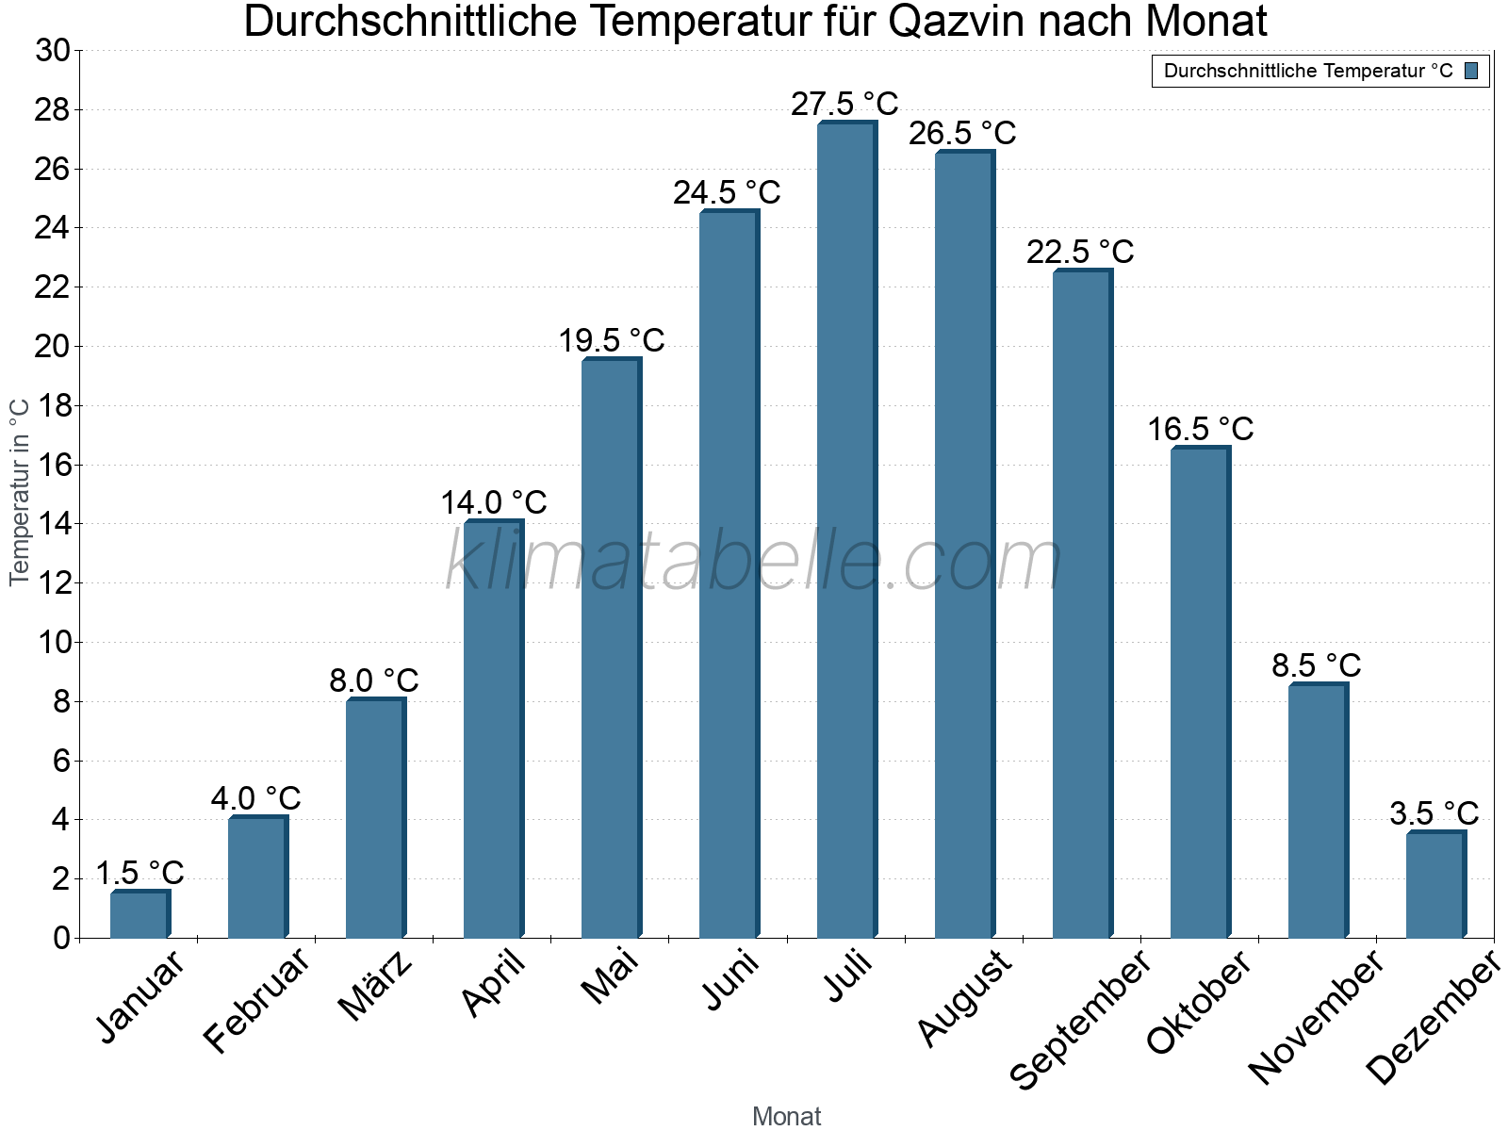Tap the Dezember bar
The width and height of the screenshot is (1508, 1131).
pyautogui.click(x=1435, y=885)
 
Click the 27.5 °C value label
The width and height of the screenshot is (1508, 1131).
pyautogui.click(x=844, y=104)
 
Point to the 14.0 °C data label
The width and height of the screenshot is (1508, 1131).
pyautogui.click(x=494, y=502)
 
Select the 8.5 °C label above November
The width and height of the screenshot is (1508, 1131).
pyautogui.click(x=1317, y=665)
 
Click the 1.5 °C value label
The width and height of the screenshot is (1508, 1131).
pyautogui.click(x=139, y=873)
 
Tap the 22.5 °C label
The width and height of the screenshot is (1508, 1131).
pyautogui.click(x=1080, y=252)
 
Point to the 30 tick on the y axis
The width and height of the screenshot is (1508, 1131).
pyautogui.click(x=53, y=51)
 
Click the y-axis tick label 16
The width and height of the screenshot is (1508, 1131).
pyautogui.click(x=53, y=465)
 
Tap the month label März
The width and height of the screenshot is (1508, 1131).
pyautogui.click(x=375, y=986)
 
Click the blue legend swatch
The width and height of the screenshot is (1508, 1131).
pyautogui.click(x=1472, y=71)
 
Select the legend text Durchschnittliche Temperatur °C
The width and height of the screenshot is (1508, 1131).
pyautogui.click(x=1308, y=71)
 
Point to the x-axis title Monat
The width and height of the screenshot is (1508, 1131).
pyautogui.click(x=787, y=1116)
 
